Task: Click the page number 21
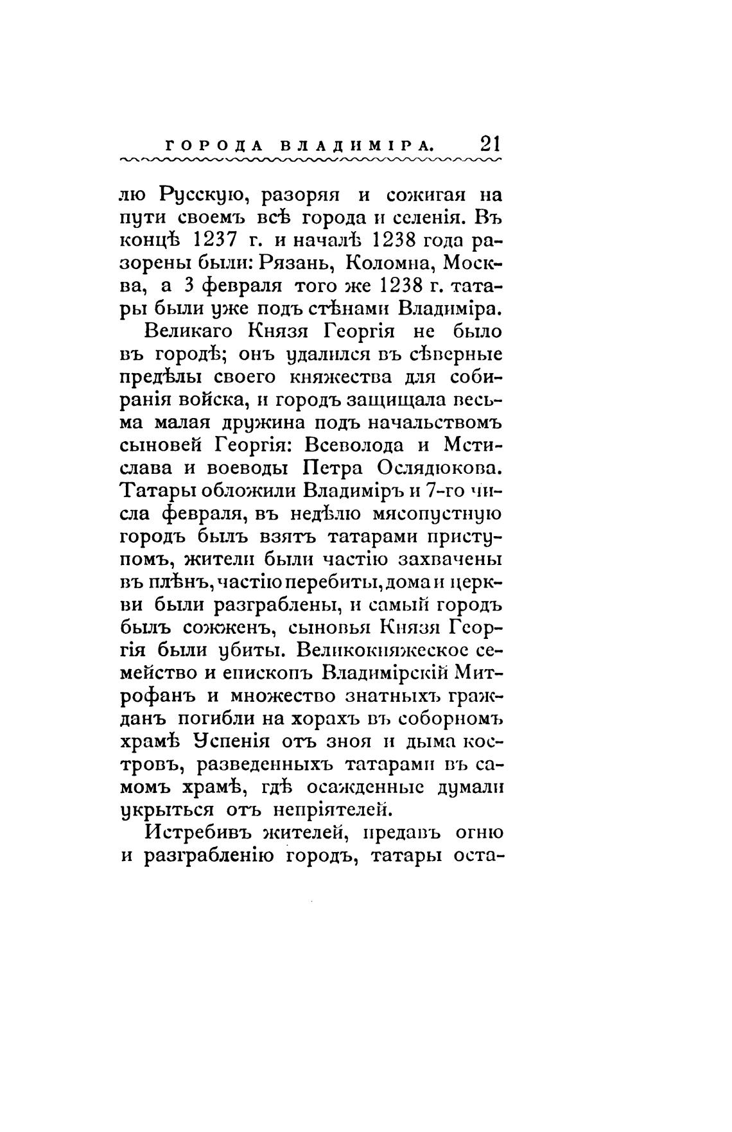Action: pos(491,143)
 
